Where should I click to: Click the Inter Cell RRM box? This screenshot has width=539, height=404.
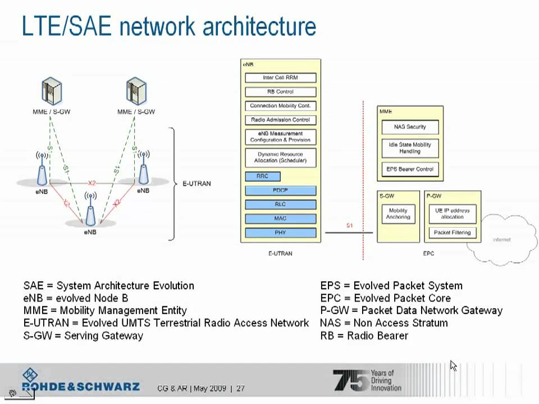[280, 77]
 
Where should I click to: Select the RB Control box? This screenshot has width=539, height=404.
[280, 91]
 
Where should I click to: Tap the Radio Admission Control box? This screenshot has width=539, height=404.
[280, 120]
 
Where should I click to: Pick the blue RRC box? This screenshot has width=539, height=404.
[262, 176]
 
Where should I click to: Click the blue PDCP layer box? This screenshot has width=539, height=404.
[280, 191]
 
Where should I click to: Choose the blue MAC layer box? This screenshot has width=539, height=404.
[280, 218]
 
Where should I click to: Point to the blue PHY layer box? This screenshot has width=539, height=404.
[280, 232]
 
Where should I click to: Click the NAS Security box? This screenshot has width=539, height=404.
[410, 127]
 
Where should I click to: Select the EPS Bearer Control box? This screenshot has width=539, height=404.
[410, 169]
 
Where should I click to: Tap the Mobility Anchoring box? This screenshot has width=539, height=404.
[398, 214]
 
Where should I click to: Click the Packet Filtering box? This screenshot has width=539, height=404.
[452, 232]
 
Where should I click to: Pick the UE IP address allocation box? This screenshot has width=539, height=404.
[452, 214]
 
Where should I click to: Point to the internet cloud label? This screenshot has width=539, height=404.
[501, 240]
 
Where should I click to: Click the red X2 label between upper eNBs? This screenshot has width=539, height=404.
[92, 183]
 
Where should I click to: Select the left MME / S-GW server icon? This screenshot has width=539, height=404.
[51, 93]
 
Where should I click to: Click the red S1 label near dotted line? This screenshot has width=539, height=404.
[349, 226]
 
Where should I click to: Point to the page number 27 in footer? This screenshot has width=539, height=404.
[240, 388]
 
